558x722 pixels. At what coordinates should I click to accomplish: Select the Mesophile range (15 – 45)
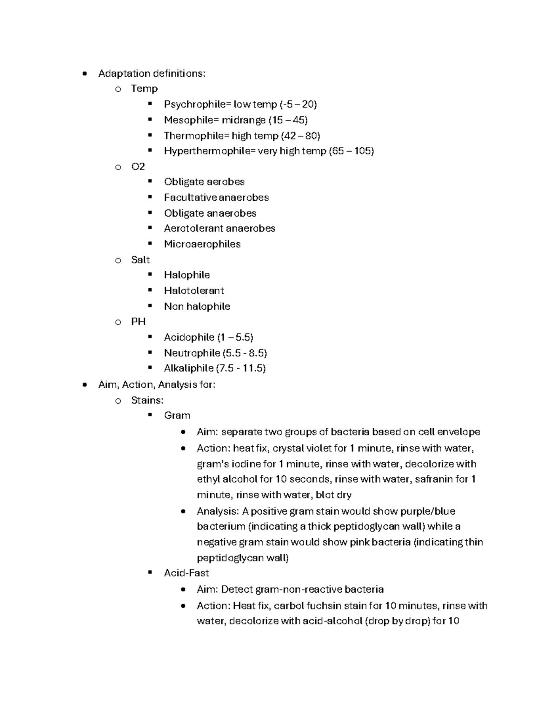pyautogui.click(x=288, y=120)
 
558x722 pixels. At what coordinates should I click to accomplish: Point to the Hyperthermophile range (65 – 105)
pyautogui.click(x=351, y=151)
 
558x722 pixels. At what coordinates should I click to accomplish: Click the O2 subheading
pyautogui.click(x=138, y=166)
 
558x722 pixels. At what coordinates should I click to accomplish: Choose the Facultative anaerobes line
pyautogui.click(x=216, y=198)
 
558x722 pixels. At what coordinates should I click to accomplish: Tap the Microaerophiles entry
pyautogui.click(x=202, y=244)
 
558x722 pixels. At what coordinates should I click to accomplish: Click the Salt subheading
pyautogui.click(x=140, y=259)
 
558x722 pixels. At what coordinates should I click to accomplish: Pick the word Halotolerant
pyautogui.click(x=194, y=291)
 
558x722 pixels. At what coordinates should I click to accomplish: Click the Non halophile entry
pyautogui.click(x=197, y=306)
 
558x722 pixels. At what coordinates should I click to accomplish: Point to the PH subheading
pyautogui.click(x=138, y=322)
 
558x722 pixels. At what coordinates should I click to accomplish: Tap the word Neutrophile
pyautogui.click(x=192, y=353)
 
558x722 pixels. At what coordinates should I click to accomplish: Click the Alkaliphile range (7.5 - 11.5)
pyautogui.click(x=241, y=368)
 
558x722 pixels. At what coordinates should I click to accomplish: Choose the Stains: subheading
pyautogui.click(x=147, y=400)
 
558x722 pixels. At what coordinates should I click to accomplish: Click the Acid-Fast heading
pyautogui.click(x=186, y=573)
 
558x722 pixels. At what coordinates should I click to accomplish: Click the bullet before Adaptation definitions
pyautogui.click(x=84, y=73)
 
